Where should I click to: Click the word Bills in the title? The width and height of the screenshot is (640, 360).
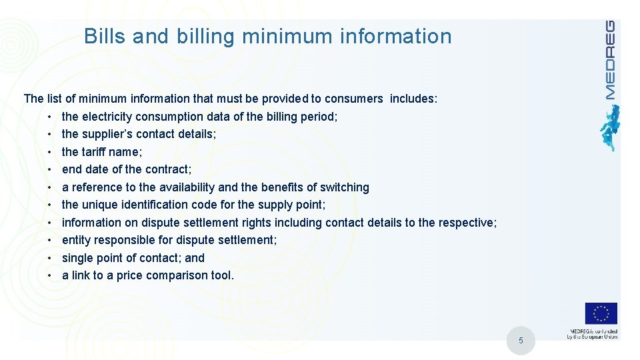[105, 36]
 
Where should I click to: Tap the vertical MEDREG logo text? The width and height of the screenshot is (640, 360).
[609, 60]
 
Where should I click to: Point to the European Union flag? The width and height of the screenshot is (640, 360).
[601, 314]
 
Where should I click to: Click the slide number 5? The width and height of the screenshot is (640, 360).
[521, 342]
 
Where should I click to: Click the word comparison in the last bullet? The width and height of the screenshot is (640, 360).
[175, 275]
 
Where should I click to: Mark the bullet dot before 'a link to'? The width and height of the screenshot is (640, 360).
[50, 275]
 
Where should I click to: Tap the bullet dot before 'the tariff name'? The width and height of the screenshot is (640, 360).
[50, 152]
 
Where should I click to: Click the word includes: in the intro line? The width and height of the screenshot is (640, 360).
[413, 99]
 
